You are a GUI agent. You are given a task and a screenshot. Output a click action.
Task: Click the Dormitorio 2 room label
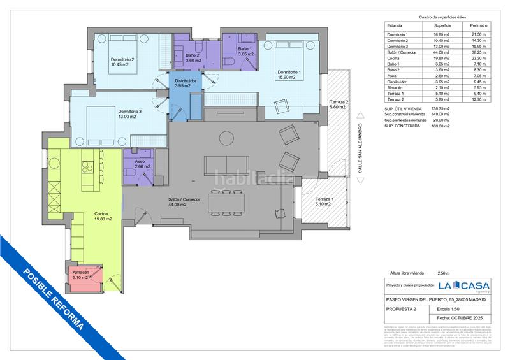tap(124, 61)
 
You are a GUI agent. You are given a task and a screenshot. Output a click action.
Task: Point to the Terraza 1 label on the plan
tap(324, 201)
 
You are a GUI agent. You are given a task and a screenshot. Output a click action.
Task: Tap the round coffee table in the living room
tap(226, 136)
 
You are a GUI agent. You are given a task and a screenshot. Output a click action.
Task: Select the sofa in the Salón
tap(224, 164)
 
